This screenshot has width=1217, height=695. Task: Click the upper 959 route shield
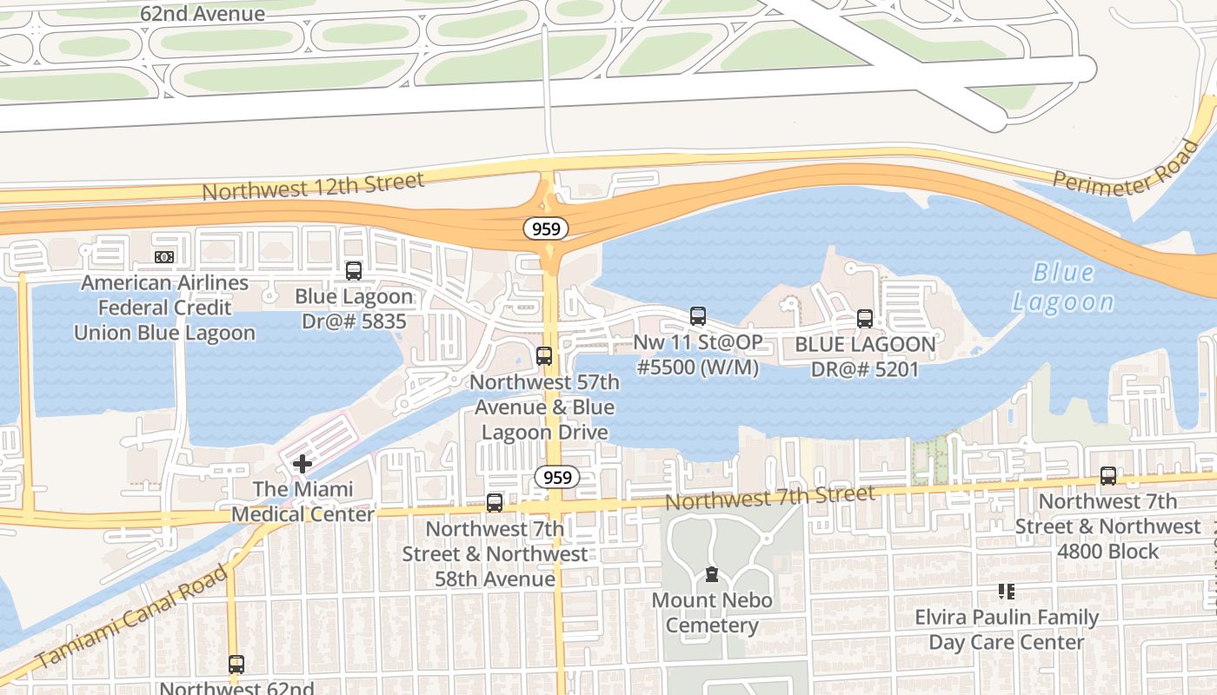click(546, 228)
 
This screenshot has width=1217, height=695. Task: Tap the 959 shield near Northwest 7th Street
click(556, 477)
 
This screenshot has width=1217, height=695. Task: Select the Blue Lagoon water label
click(1063, 288)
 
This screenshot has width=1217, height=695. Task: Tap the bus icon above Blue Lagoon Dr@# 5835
click(353, 270)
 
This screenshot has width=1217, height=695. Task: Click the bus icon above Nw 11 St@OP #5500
click(697, 315)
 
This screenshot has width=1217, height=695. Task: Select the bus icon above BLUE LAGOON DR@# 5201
click(864, 318)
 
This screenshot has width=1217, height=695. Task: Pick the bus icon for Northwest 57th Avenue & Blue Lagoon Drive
click(544, 355)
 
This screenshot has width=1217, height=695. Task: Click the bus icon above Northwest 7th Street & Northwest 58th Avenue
click(494, 502)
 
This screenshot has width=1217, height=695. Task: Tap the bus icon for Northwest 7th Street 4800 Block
click(1107, 475)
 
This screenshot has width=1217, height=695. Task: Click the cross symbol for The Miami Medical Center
click(302, 464)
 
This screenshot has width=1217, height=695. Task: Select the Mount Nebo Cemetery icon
click(712, 574)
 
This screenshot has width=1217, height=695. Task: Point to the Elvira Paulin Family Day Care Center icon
click(1007, 592)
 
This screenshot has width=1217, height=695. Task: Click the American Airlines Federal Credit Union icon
click(164, 257)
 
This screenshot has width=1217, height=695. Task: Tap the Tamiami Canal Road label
click(133, 617)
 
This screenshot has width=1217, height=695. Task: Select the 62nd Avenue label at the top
click(203, 14)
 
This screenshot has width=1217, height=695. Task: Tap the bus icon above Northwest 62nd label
click(236, 665)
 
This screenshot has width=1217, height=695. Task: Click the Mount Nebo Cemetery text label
click(712, 612)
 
